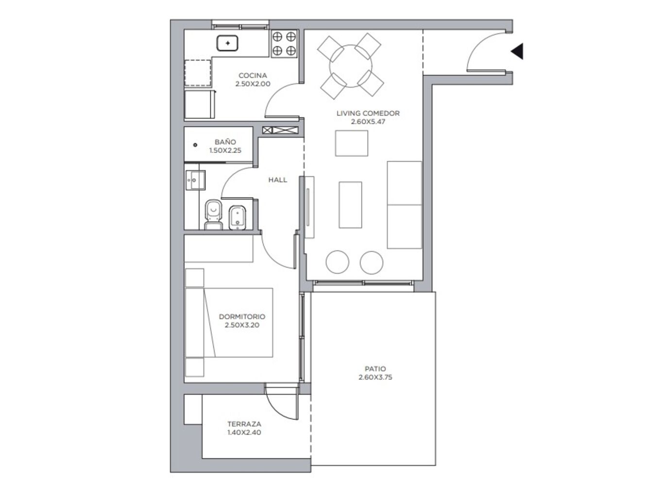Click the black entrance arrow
tap(517, 51)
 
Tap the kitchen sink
tap(227, 43)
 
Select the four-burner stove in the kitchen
tap(284, 44)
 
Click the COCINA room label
tap(253, 75)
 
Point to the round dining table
tap(351, 66)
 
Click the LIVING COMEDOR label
tap(368, 113)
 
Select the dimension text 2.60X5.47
tap(368, 122)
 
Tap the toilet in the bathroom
tap(213, 215)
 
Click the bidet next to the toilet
tap(238, 218)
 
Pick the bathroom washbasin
tap(195, 180)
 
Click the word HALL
tap(278, 180)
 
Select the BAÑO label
tap(225, 142)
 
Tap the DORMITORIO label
tap(242, 316)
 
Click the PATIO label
tap(375, 369)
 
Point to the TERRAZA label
tap(244, 424)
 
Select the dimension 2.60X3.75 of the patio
tap(375, 377)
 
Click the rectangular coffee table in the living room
tap(350, 205)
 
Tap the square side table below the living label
tap(352, 143)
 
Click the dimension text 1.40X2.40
tap(244, 432)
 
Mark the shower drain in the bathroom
tap(195, 145)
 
